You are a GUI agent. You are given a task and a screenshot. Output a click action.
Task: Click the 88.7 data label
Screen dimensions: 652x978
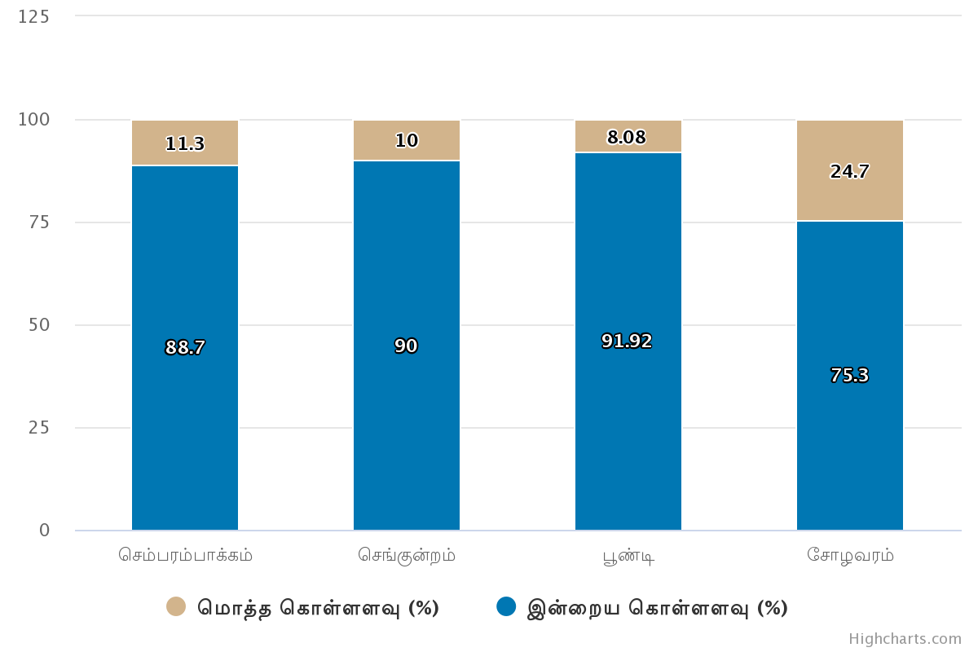pos(185,348)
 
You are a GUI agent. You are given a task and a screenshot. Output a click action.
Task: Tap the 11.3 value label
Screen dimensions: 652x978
pos(185,144)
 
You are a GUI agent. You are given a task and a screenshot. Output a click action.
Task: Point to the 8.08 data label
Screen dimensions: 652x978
pos(627,138)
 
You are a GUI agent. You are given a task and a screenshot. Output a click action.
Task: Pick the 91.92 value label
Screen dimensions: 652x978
pos(627,341)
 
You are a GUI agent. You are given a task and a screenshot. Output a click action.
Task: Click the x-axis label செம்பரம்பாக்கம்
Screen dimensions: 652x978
pos(185,556)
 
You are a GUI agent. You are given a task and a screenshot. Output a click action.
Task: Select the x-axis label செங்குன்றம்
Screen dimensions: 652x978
pos(407,556)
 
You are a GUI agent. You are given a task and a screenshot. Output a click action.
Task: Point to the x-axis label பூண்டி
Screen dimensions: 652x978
pos(628,557)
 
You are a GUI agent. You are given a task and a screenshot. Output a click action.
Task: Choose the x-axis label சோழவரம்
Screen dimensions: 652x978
pos(850,556)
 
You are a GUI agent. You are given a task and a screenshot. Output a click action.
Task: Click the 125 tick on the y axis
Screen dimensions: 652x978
pos(33,17)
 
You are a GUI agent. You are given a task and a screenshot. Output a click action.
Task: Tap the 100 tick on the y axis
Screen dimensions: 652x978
pos(33,120)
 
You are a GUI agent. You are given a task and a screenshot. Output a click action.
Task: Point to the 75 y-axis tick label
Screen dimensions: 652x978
pos(38,222)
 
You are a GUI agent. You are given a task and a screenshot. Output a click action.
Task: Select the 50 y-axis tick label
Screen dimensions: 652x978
pos(38,325)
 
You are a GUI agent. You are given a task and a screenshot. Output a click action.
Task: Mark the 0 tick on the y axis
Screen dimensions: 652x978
pos(44,531)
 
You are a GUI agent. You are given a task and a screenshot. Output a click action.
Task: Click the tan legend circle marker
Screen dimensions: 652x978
pos(176,606)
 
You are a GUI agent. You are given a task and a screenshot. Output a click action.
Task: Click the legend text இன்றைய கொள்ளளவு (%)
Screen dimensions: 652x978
pos(658,608)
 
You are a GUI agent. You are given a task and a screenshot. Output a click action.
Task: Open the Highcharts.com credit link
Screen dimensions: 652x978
pos(905,639)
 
